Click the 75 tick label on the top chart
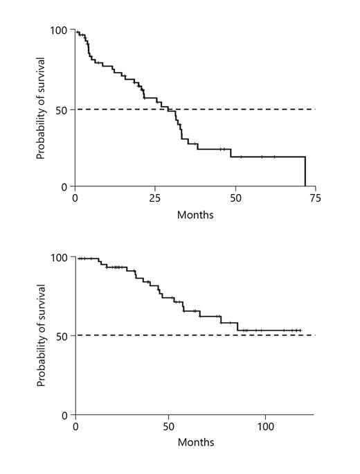(315, 197)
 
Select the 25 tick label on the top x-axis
(155, 197)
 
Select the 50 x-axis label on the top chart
(235, 197)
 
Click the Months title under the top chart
(195, 214)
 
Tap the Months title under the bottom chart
(195, 442)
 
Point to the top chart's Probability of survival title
(41, 109)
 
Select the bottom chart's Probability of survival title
(41, 336)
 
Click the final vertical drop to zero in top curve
(305, 172)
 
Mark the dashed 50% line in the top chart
(263, 109)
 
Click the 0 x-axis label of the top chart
(75, 197)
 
